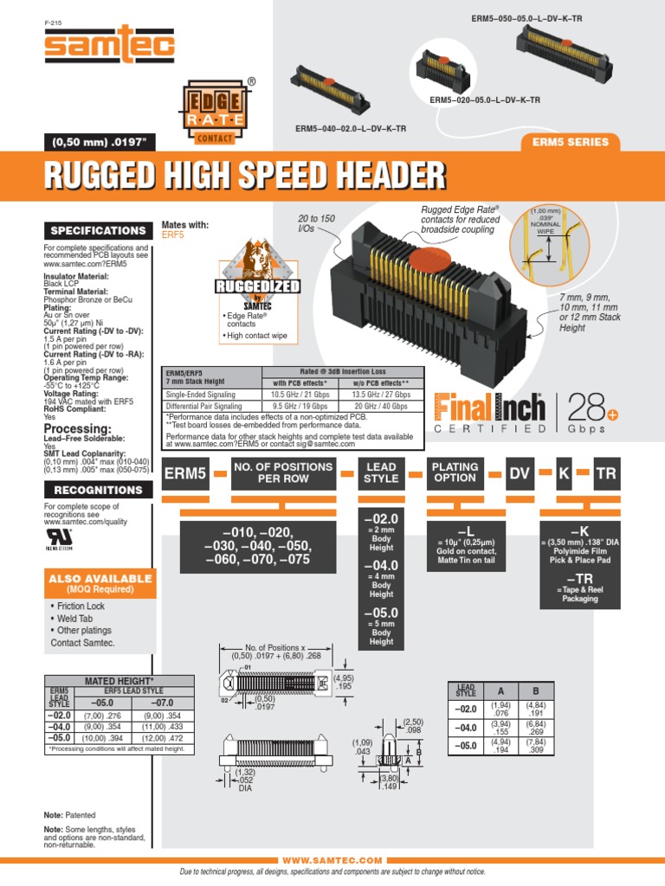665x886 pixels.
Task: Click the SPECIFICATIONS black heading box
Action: [96, 231]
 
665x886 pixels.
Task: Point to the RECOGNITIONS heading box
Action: [96, 490]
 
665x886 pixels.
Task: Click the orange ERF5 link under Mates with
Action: [173, 234]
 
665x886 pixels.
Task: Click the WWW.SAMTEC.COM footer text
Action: [332, 861]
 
